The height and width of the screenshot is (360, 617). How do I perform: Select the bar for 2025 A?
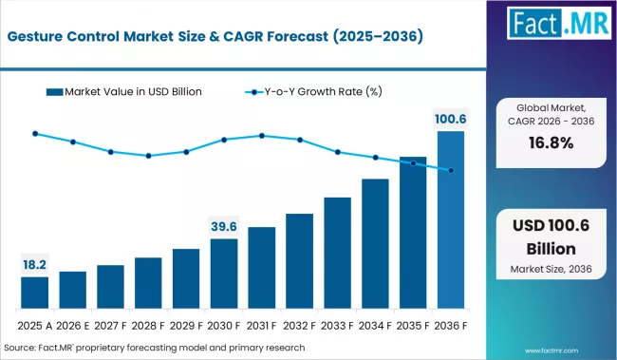pyautogui.click(x=34, y=291)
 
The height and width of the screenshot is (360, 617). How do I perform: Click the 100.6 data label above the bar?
pyautogui.click(x=451, y=119)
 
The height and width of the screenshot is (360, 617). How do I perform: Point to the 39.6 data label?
pyautogui.click(x=224, y=226)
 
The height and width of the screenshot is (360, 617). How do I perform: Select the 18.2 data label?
pyautogui.click(x=34, y=264)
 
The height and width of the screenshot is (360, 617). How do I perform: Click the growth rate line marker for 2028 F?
pyautogui.click(x=148, y=156)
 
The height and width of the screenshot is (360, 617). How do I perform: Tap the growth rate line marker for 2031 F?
pyautogui.click(x=262, y=136)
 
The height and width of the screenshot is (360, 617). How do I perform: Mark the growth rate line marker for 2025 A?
pyautogui.click(x=34, y=134)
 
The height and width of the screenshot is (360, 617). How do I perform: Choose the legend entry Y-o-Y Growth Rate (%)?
pyautogui.click(x=318, y=91)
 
